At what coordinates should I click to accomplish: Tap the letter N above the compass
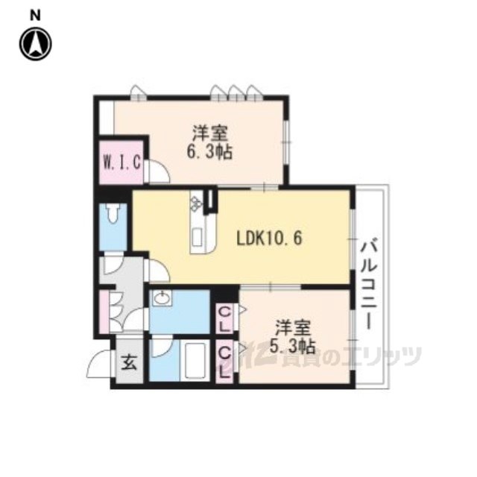coord(35,16)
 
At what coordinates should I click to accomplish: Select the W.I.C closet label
coord(122,162)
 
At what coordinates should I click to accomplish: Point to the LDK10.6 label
coord(269,238)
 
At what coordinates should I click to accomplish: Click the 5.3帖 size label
coord(293,346)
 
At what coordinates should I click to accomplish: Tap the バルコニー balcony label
coord(368,283)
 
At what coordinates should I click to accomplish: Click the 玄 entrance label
coord(129,363)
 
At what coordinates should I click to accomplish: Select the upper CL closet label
coord(224,319)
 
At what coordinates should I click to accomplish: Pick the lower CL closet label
coord(224,363)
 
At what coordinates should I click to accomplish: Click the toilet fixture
coord(113,213)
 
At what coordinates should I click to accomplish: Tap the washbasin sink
coord(162,298)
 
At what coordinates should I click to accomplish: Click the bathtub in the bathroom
coord(195,360)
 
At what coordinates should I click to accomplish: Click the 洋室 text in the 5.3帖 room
coord(293,328)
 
